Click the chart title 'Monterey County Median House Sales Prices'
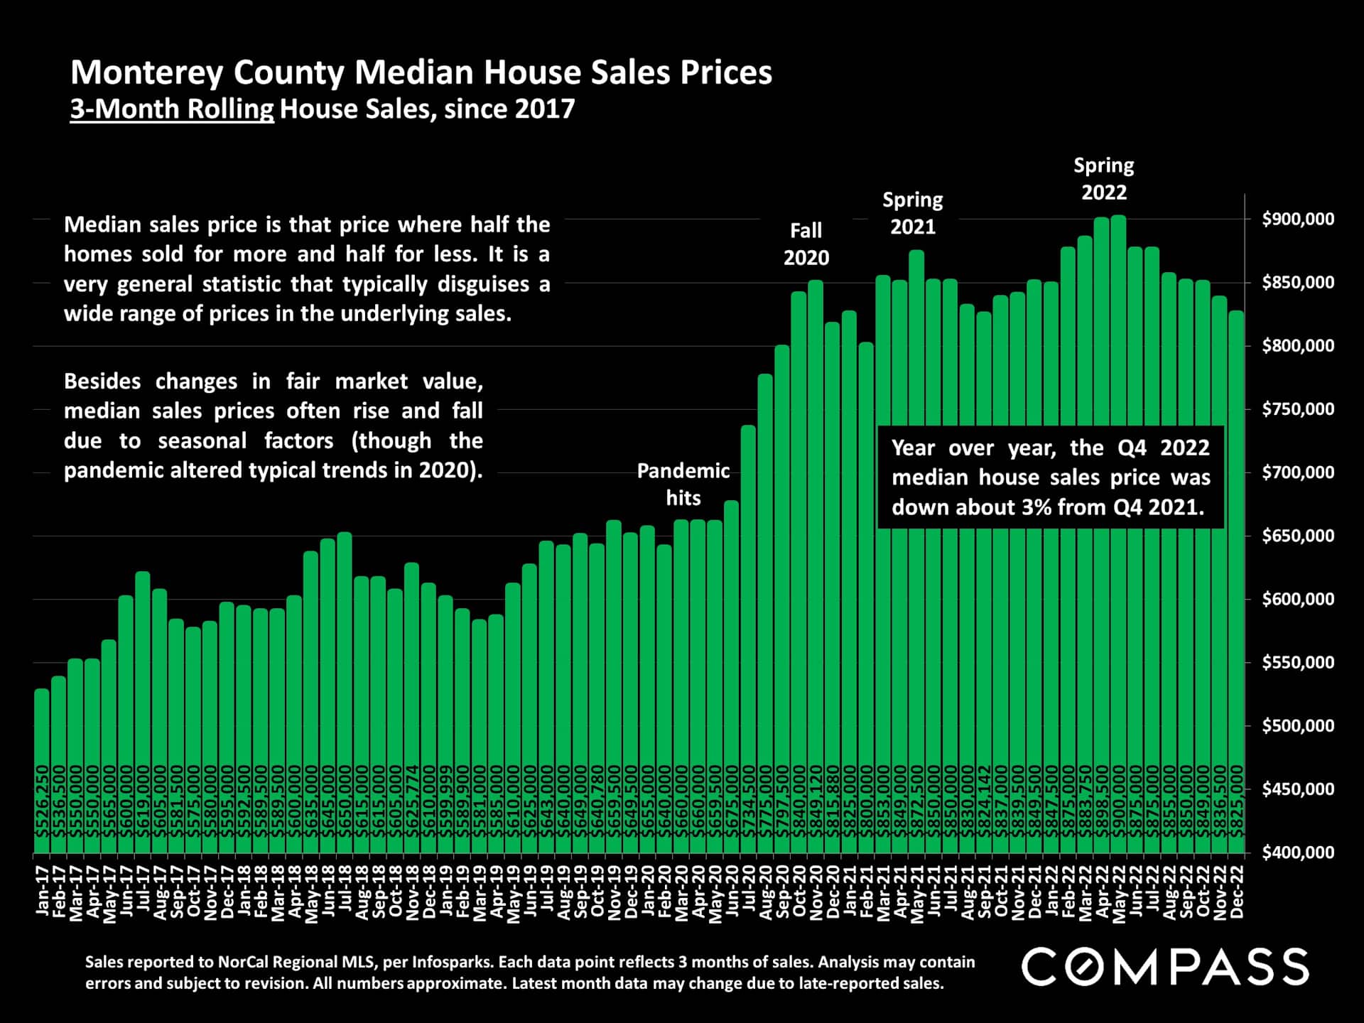click(x=421, y=72)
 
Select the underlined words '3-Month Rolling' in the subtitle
click(x=172, y=109)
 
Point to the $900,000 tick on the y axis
click(x=1297, y=220)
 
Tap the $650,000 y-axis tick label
click(x=1297, y=536)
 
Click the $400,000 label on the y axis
click(x=1297, y=852)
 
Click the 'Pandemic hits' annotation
click(x=683, y=484)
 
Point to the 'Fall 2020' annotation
click(x=806, y=244)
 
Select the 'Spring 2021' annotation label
click(x=912, y=213)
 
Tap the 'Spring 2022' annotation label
click(x=1103, y=178)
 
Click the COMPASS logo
click(x=1165, y=967)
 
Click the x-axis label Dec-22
click(x=1237, y=892)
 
